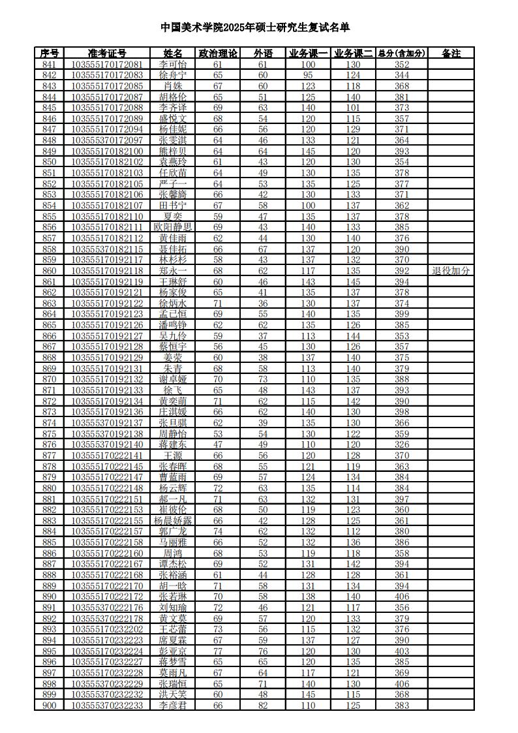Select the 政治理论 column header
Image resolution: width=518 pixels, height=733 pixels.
[x=218, y=54]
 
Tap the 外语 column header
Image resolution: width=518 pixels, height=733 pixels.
[x=263, y=54]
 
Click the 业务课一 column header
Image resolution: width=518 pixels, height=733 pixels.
[x=308, y=54]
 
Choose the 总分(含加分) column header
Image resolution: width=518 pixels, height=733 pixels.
[x=402, y=54]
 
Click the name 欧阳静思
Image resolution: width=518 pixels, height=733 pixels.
[x=173, y=227]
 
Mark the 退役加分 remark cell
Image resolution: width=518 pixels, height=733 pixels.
[x=451, y=270]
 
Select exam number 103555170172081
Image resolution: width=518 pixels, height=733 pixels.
[x=107, y=65]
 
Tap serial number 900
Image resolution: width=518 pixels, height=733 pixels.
[x=49, y=706]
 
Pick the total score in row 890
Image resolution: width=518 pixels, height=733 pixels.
[x=402, y=597]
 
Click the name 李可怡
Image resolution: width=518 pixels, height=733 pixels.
[x=173, y=65]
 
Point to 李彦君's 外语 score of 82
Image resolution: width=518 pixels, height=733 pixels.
[x=263, y=706]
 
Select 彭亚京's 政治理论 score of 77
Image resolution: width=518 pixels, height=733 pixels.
[x=218, y=651]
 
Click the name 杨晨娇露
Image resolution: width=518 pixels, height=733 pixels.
[x=173, y=521]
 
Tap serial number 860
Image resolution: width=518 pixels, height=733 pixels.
[x=49, y=270]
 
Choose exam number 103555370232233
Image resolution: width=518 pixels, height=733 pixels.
[x=107, y=706]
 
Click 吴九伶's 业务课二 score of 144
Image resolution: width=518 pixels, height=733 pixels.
[x=353, y=335]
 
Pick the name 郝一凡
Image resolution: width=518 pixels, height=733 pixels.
[x=173, y=499]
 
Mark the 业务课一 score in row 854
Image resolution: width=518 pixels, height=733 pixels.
[x=308, y=206]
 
